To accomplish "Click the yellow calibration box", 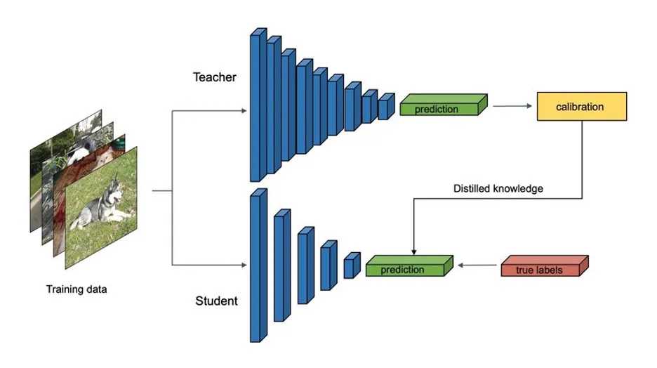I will [580, 107].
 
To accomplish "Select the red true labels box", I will [544, 269].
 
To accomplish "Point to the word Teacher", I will [215, 77].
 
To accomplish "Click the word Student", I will [215, 302].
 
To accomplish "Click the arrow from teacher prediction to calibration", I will [511, 107].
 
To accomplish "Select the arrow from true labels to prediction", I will [477, 266].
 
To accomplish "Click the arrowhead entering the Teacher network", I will [243, 111].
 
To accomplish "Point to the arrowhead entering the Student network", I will [243, 266].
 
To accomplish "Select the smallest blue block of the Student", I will [350, 267].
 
